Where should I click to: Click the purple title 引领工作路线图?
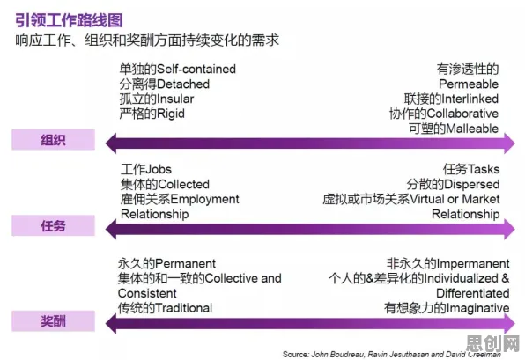[69, 20]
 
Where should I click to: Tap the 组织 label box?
[53, 140]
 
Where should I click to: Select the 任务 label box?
[53, 226]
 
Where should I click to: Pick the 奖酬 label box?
[53, 321]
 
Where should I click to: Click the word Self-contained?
[196, 69]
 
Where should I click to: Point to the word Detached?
[183, 84]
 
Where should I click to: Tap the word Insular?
[175, 99]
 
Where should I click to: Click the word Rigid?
[170, 114]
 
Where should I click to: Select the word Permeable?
[469, 84]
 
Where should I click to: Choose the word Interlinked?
[470, 99]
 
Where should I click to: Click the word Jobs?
[159, 169]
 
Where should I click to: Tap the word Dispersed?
[472, 184]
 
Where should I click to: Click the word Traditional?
[183, 308]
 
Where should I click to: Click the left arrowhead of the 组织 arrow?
[111, 143]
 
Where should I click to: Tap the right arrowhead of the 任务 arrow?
[509, 229]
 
